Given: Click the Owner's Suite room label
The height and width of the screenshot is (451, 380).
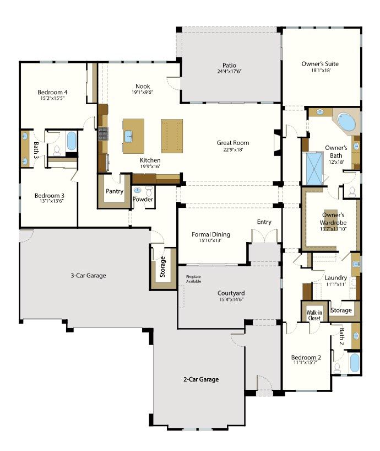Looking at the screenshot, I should (x=320, y=64).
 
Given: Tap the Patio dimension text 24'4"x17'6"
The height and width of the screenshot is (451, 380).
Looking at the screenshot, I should (x=229, y=72).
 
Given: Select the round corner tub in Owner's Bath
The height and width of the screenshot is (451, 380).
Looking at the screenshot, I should (x=346, y=122).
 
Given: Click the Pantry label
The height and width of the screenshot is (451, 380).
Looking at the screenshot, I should (x=115, y=191).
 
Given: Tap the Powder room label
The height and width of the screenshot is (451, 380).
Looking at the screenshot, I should (x=143, y=200).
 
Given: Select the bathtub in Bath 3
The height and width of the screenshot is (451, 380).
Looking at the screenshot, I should (x=72, y=141).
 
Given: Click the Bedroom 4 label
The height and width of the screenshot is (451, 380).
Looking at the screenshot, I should (x=52, y=92).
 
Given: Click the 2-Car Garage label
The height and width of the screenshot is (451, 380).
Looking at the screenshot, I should (x=201, y=379).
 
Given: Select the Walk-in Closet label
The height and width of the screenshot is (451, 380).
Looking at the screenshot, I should (x=314, y=315).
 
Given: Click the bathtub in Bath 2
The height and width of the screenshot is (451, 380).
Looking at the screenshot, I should (x=355, y=363).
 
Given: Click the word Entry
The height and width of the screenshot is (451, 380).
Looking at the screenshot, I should (x=264, y=222).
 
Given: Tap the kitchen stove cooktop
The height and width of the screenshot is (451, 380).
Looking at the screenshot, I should (x=103, y=133).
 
